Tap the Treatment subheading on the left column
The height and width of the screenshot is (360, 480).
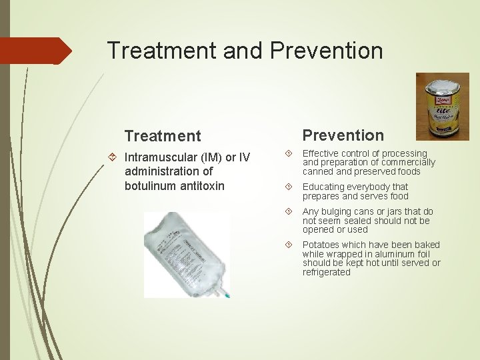pyautogui.click(x=162, y=136)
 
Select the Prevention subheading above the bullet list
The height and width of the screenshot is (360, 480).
pyautogui.click(x=343, y=135)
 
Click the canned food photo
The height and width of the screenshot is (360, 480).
pyautogui.click(x=443, y=106)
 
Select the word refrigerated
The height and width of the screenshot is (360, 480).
pyautogui.click(x=326, y=272)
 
